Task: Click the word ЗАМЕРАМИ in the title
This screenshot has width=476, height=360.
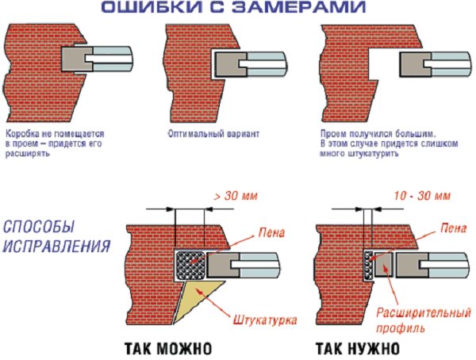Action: click(x=298, y=7)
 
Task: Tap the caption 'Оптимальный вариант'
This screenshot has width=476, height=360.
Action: click(x=213, y=134)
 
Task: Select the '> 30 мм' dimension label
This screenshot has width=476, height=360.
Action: click(x=236, y=196)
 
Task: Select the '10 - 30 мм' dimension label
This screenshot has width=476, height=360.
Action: click(x=422, y=196)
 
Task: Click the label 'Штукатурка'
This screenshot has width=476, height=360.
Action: click(x=265, y=320)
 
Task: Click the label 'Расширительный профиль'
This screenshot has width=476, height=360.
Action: click(x=423, y=320)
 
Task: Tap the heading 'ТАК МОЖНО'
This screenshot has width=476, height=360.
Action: click(x=168, y=349)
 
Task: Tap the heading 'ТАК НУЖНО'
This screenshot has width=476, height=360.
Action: click(x=358, y=349)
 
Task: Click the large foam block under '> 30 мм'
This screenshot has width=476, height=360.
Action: click(x=190, y=266)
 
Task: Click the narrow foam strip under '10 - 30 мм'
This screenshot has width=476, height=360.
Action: click(x=368, y=266)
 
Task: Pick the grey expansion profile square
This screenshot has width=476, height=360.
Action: click(x=383, y=264)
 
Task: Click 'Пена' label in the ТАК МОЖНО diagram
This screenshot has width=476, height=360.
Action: click(x=271, y=233)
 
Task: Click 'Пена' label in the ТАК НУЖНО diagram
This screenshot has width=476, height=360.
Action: click(x=453, y=228)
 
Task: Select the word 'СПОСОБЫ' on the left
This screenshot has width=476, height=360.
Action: click(x=39, y=227)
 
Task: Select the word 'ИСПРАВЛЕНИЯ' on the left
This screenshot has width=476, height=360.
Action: click(x=57, y=246)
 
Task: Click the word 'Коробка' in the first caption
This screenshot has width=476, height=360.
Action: click(x=21, y=134)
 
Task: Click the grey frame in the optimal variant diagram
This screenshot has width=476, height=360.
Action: click(x=231, y=63)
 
